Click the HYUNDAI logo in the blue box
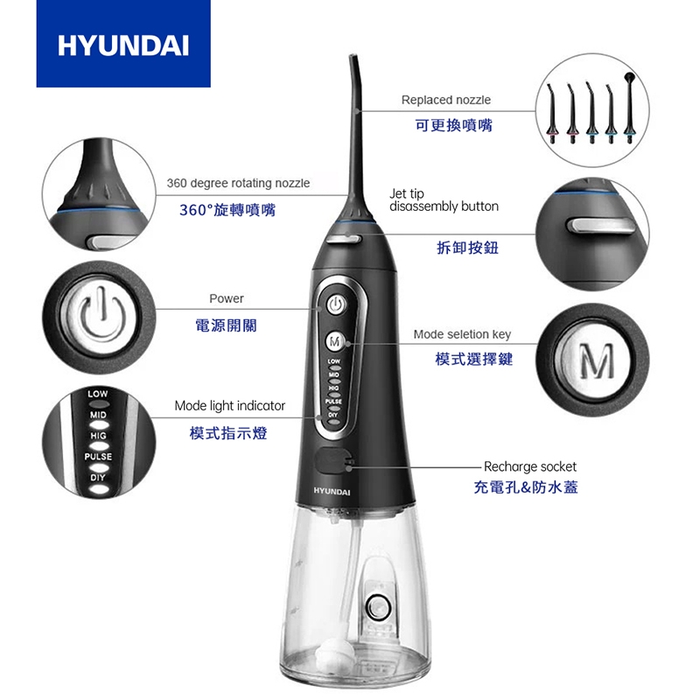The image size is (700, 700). (x=122, y=45)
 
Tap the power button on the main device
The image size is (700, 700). (x=337, y=304)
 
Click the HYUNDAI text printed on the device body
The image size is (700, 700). (x=332, y=493)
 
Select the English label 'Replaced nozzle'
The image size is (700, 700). (x=445, y=100)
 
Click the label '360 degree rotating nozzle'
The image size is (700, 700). (x=238, y=183)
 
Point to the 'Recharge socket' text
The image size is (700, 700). (x=529, y=466)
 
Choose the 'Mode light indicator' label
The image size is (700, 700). (x=229, y=405)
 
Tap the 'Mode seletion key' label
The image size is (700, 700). (x=462, y=334)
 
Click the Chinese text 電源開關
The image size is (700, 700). (x=227, y=325)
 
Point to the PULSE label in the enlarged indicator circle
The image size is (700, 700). (x=97, y=457)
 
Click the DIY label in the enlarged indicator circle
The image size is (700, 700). (x=97, y=477)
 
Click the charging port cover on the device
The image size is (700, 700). (x=333, y=459)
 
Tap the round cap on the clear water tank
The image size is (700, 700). (x=378, y=605)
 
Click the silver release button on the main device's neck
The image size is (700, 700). (x=345, y=234)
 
